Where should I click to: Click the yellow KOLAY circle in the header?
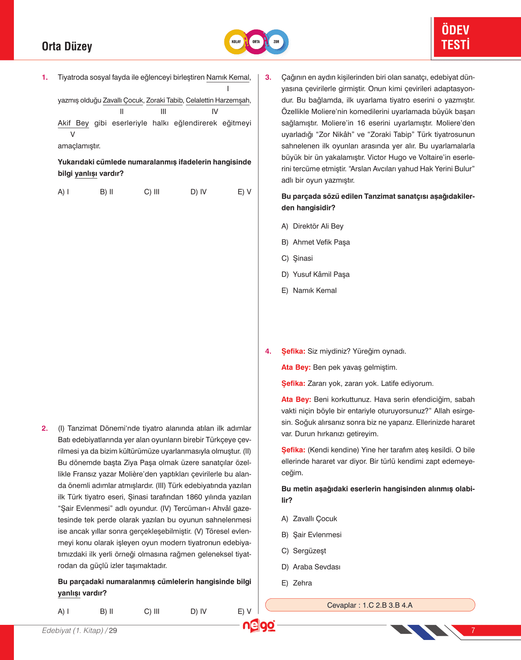point(236,42)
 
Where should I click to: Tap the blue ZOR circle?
point(277,42)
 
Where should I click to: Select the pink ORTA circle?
point(256,42)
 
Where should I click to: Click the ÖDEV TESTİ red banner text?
point(456,37)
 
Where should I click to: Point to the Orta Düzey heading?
point(67,47)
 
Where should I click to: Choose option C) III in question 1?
point(152,192)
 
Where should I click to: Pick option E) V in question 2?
point(244,611)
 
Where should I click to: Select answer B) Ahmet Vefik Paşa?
point(315,242)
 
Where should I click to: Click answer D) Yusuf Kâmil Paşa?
point(315,275)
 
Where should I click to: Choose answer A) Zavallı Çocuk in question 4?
point(309,519)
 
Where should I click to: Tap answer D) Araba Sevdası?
point(311,567)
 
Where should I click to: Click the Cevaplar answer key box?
point(370,605)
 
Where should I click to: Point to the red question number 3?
point(268,77)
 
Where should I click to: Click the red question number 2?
point(45,428)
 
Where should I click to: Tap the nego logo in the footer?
point(259,626)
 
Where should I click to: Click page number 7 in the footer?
point(473,630)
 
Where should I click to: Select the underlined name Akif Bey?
point(73,123)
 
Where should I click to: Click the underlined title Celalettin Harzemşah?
point(218,101)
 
